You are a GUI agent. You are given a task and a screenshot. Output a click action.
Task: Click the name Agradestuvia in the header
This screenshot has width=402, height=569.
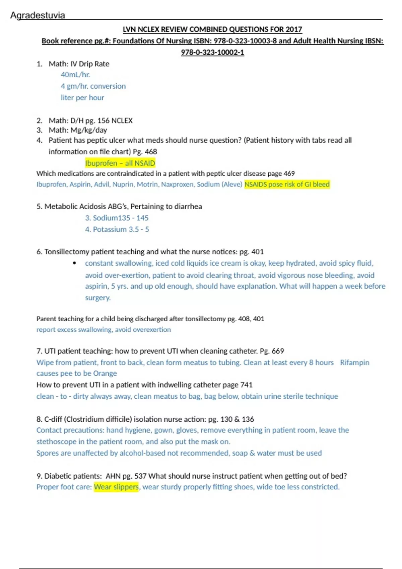pyautogui.click(x=38, y=15)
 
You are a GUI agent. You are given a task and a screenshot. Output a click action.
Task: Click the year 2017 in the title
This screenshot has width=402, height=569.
pyautogui.click(x=294, y=29)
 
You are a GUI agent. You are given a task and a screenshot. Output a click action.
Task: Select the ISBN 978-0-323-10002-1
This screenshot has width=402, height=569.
pyautogui.click(x=212, y=53)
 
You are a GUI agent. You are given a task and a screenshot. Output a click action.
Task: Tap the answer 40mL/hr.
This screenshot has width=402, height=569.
pyautogui.click(x=75, y=75)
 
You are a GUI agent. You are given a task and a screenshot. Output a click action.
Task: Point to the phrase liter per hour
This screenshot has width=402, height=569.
pyautogui.click(x=82, y=98)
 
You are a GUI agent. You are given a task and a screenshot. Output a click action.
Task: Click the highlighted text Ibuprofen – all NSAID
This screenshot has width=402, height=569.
pyautogui.click(x=120, y=163)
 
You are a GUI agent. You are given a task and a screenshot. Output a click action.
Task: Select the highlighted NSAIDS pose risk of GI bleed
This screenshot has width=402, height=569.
pyautogui.click(x=287, y=184)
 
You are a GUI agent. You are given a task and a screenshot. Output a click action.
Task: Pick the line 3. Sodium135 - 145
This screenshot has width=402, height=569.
pyautogui.click(x=117, y=218)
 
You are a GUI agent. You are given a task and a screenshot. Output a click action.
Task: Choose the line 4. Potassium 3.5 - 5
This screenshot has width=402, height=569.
pyautogui.click(x=117, y=230)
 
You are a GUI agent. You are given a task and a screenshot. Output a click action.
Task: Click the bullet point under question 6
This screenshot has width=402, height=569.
pyautogui.click(x=74, y=263)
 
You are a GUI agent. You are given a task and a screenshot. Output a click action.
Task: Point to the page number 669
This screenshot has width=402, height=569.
pyautogui.click(x=278, y=351)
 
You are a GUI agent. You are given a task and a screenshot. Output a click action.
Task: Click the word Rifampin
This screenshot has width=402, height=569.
pyautogui.click(x=354, y=362)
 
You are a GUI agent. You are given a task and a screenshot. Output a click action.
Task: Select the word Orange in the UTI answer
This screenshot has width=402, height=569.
pyautogui.click(x=105, y=374)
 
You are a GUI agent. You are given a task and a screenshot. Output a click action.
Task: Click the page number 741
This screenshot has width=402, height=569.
pyautogui.click(x=247, y=385)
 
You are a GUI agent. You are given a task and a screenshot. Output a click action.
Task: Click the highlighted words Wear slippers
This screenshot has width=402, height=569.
pyautogui.click(x=116, y=487)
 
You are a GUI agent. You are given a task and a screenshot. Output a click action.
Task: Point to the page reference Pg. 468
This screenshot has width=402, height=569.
pyautogui.click(x=145, y=152)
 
